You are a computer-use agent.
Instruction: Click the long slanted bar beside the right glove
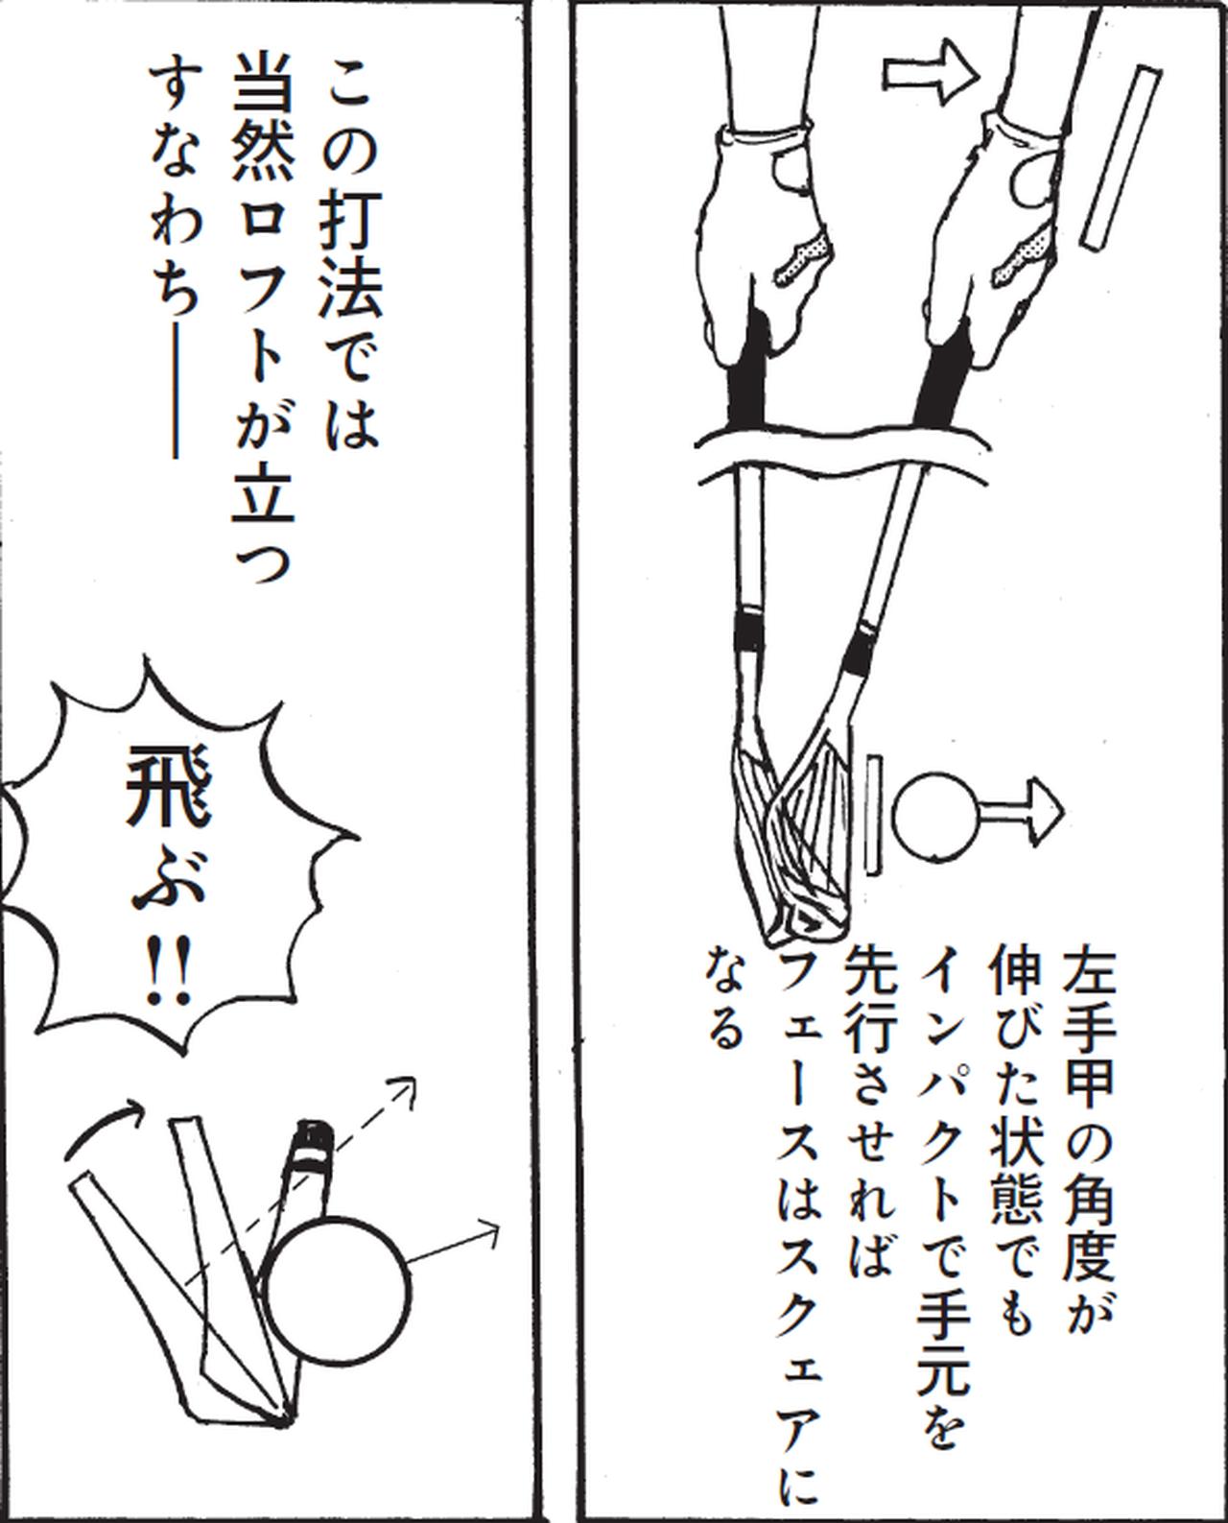1122,157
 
